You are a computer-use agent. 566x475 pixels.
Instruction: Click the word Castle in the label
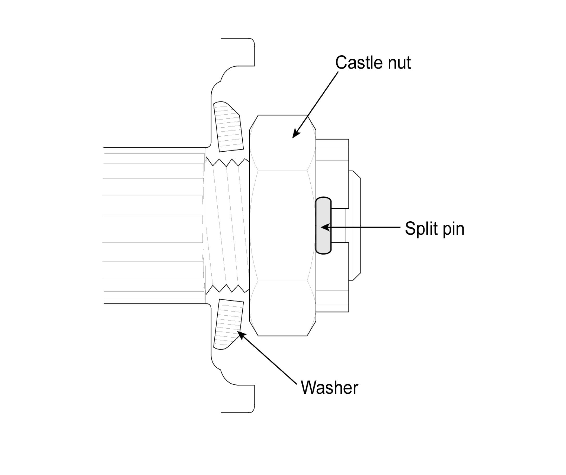point(358,63)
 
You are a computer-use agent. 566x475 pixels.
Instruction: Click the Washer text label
point(329,388)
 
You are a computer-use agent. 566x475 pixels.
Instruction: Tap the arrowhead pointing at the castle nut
point(296,135)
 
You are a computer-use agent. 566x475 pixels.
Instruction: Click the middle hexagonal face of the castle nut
point(282,225)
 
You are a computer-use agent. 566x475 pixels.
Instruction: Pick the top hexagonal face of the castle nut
point(282,143)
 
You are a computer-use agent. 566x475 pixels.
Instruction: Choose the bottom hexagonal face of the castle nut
point(282,308)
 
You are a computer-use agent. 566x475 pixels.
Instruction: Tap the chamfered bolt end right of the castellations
point(355,225)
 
